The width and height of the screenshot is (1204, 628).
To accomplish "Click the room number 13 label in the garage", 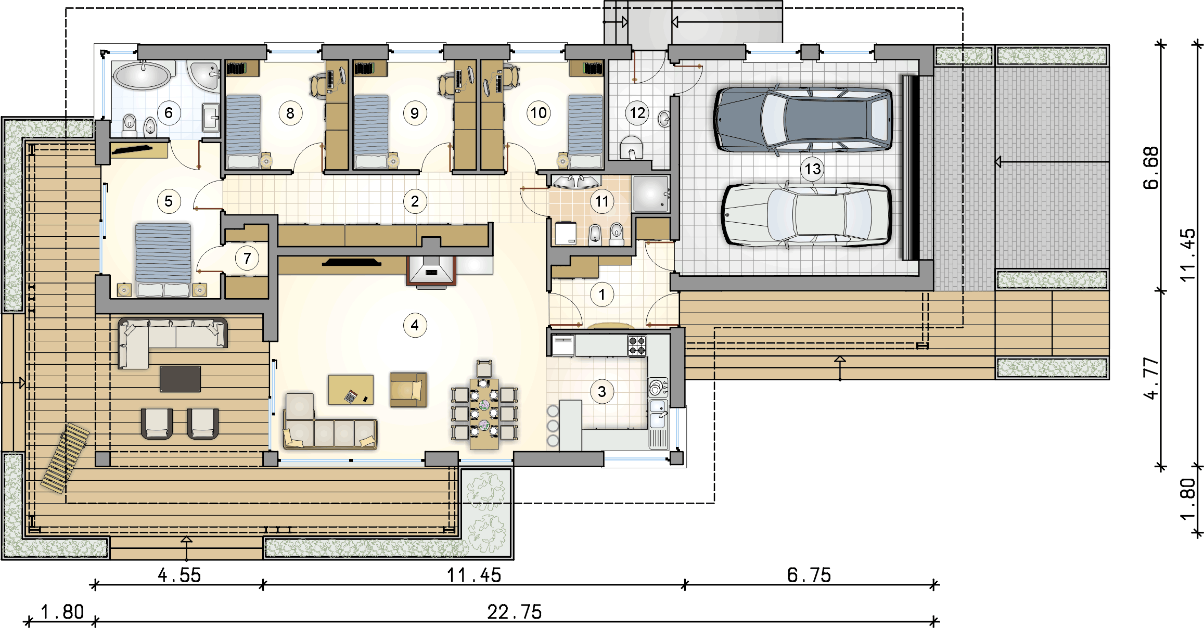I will pyautogui.click(x=812, y=169).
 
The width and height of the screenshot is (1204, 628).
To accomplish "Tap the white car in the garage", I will pyautogui.click(x=806, y=214).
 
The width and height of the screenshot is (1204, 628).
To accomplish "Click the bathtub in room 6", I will pyautogui.click(x=142, y=75).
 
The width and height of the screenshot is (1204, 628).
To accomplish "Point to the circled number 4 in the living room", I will pyautogui.click(x=415, y=325).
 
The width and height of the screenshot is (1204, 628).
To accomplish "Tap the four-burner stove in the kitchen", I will pyautogui.click(x=637, y=345).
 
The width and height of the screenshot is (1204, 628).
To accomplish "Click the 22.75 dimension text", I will pyautogui.click(x=514, y=612).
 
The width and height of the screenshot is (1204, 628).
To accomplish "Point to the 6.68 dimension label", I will pyautogui.click(x=1151, y=168).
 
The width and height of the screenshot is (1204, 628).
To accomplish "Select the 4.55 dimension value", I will pyautogui.click(x=179, y=575).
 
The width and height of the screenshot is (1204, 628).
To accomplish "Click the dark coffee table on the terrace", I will pyautogui.click(x=180, y=379).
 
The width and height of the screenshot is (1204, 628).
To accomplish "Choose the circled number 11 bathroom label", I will pyautogui.click(x=601, y=201).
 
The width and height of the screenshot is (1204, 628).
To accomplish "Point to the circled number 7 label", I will pyautogui.click(x=247, y=258).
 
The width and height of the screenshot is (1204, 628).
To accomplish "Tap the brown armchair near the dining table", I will pyautogui.click(x=408, y=389).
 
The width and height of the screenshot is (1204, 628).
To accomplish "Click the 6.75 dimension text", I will pyautogui.click(x=809, y=575).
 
